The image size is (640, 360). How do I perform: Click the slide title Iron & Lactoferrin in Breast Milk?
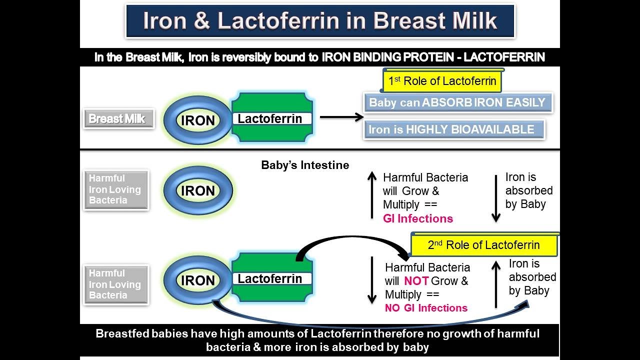[x=320, y=20]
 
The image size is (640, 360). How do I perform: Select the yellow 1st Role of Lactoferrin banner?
[x=442, y=81]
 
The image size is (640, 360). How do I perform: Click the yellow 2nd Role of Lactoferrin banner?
[x=484, y=245]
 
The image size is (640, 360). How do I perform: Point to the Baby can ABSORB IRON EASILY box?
[x=458, y=102]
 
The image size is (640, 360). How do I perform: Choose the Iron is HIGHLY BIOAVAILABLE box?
[x=454, y=129]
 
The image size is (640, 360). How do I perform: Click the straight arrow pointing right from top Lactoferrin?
[x=341, y=117]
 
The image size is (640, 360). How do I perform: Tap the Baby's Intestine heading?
[x=305, y=165]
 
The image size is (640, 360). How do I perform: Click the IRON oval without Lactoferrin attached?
[x=198, y=190]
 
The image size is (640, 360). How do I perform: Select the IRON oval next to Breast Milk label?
[x=197, y=120]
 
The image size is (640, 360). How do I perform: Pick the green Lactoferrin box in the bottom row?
[x=272, y=277]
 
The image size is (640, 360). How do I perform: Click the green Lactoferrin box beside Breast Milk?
[x=272, y=117]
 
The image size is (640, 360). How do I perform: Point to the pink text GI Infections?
[x=417, y=218]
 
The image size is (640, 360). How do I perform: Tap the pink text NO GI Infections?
[x=426, y=307]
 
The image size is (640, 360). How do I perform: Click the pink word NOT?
[x=416, y=281]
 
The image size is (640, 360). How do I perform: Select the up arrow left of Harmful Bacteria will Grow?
[x=371, y=195]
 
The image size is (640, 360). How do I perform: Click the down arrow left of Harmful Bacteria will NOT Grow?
[x=371, y=280]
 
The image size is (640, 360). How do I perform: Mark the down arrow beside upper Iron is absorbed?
[x=496, y=199]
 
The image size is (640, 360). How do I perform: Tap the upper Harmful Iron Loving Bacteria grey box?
[x=116, y=189]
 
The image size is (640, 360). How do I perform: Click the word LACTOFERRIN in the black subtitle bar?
[x=504, y=57]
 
